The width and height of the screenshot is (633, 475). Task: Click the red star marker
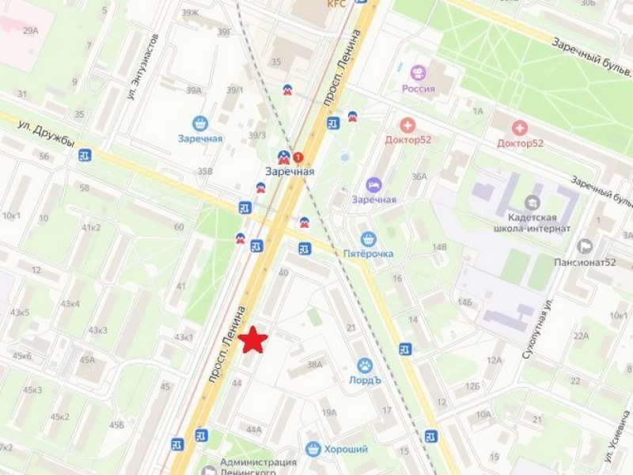pos(253,340)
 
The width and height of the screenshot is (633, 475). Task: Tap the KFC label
pos(338,4)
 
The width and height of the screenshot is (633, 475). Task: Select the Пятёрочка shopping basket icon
pos(367,238)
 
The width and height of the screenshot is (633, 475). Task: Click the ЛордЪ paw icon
pos(365,365)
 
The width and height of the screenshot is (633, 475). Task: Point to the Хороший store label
pos(346,449)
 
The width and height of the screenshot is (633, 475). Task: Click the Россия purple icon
pos(418,73)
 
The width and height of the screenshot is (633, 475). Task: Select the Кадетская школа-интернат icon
pos(532,202)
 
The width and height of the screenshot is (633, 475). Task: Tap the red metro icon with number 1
pos(298,157)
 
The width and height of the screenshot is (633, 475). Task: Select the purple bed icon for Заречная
pos(373,184)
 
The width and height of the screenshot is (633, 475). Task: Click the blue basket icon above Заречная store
pos(199,123)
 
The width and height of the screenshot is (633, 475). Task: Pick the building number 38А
pos(316,365)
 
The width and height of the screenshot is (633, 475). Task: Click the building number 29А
pos(30,30)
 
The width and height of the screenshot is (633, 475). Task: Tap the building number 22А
pos(582,336)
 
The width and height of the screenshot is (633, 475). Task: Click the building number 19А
pos(329,412)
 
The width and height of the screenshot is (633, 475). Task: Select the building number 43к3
pos(98,330)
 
